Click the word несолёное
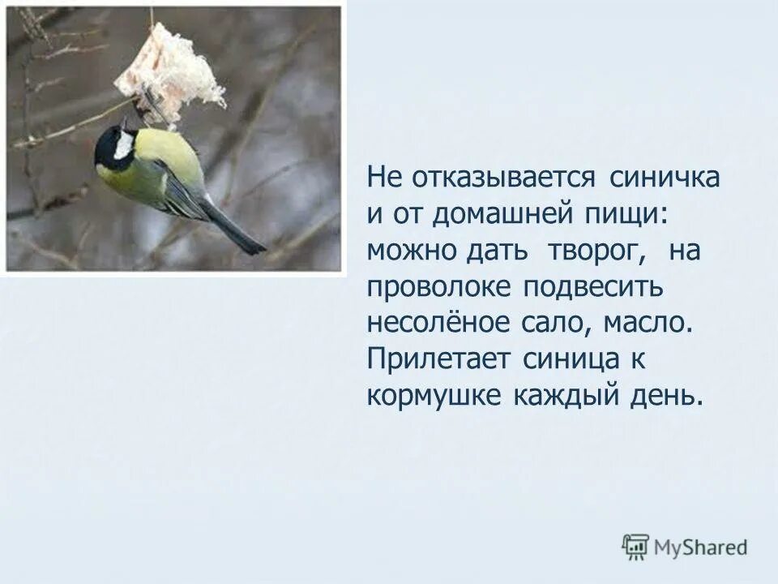pos(436,324)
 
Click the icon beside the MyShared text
pos(635,547)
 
